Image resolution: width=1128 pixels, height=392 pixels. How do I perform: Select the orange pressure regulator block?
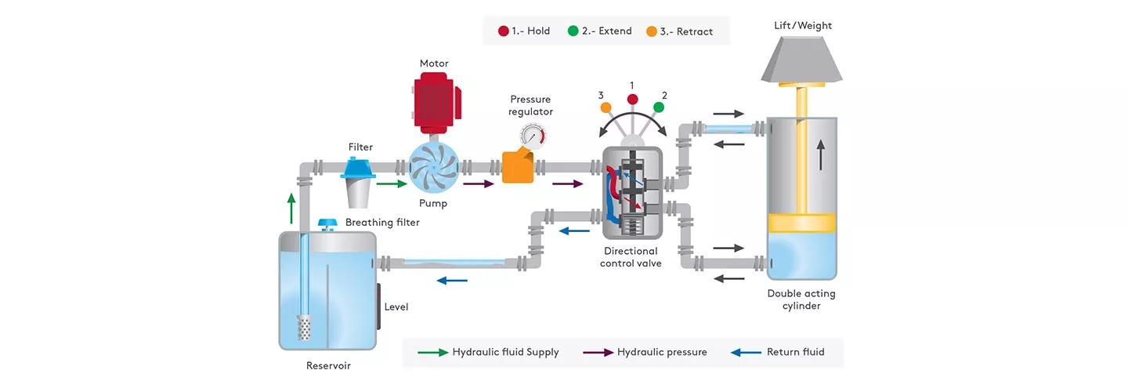click(518, 165)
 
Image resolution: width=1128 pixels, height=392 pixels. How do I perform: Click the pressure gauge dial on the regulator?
click(533, 137)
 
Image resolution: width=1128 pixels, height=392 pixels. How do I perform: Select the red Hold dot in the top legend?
click(504, 31)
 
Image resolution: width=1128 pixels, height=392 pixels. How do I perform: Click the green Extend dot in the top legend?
click(573, 31)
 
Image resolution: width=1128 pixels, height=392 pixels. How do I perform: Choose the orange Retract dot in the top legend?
click(651, 31)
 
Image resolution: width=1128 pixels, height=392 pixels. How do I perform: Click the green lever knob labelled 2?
click(659, 107)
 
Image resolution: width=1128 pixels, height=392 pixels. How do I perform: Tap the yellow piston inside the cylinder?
click(802, 223)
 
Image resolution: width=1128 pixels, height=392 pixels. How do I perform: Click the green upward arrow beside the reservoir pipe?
click(291, 209)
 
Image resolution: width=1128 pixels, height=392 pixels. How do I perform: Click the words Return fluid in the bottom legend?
click(795, 352)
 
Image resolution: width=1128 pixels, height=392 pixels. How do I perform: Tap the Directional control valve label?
click(631, 257)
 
